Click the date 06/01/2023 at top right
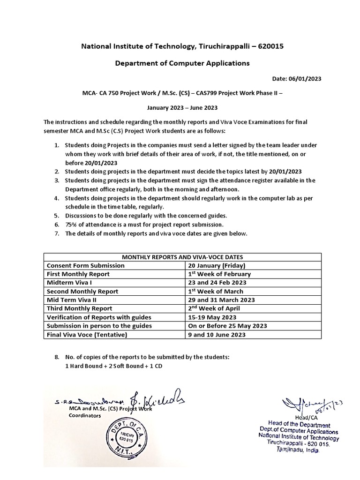coord(297,79)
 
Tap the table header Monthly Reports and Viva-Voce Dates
coord(183,257)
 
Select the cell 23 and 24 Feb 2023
coord(217,283)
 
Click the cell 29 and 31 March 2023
coord(221,300)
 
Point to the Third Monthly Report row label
coord(80,308)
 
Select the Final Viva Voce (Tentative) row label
coord(87,335)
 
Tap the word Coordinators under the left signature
coord(85,415)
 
